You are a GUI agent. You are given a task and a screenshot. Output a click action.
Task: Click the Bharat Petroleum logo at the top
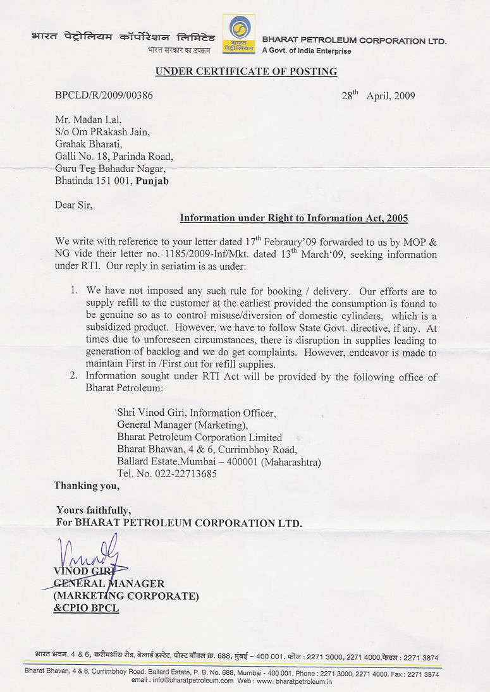pyautogui.click(x=240, y=34)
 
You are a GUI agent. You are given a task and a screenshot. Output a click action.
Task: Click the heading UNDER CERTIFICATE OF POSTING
pyautogui.click(x=246, y=71)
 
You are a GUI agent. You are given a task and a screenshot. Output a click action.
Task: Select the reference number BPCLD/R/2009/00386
pyautogui.click(x=104, y=96)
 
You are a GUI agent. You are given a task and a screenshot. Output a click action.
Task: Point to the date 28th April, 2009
pyautogui.click(x=378, y=96)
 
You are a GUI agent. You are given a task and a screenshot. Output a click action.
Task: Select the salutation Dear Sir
pyautogui.click(x=73, y=204)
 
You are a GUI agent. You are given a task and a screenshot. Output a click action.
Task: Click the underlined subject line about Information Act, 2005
pyautogui.click(x=294, y=218)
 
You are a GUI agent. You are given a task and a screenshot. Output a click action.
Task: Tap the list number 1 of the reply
pyautogui.click(x=74, y=291)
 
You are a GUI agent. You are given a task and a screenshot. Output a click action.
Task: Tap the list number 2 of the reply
pyautogui.click(x=74, y=377)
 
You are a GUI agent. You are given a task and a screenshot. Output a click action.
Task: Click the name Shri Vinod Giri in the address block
pyautogui.click(x=154, y=413)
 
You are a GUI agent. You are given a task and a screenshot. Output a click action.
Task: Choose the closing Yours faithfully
pyautogui.click(x=94, y=510)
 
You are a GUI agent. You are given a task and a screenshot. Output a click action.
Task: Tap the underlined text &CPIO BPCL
pyautogui.click(x=86, y=608)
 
